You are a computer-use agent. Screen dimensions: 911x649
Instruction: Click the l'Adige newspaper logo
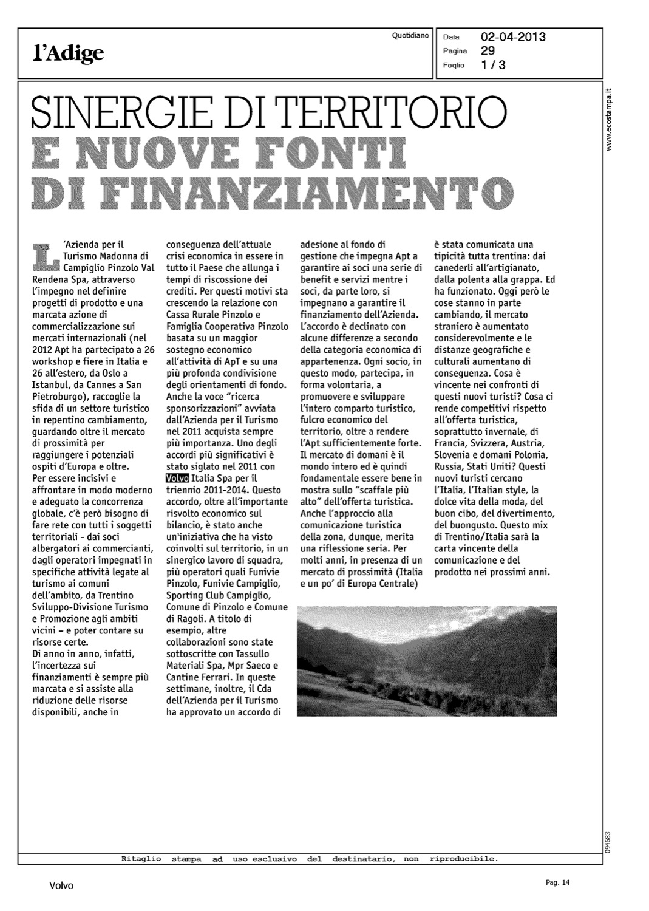pos(69,54)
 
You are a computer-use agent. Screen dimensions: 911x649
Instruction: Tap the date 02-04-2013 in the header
pos(513,37)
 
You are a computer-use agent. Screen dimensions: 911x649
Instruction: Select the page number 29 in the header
pos(488,50)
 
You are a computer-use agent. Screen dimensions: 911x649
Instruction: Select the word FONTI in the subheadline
pos(327,154)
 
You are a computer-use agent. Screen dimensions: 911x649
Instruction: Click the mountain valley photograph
pos(426,661)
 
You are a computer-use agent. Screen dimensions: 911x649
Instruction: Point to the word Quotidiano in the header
pos(410,36)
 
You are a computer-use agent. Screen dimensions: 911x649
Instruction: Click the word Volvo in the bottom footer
pos(61,886)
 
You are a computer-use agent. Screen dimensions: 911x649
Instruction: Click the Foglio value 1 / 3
pos(493,65)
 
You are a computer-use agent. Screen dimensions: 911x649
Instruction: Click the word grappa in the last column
pos(525,280)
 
